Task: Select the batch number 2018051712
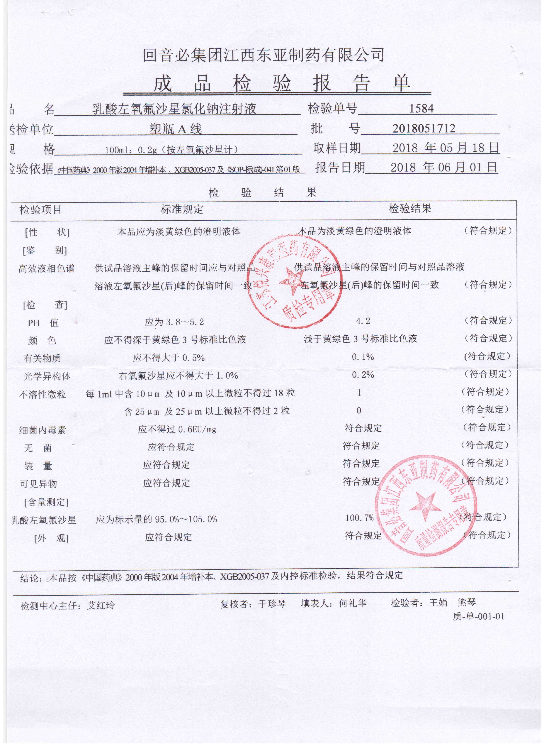[x=424, y=128]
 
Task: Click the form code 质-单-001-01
[x=478, y=616]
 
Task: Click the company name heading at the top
[x=263, y=55]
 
